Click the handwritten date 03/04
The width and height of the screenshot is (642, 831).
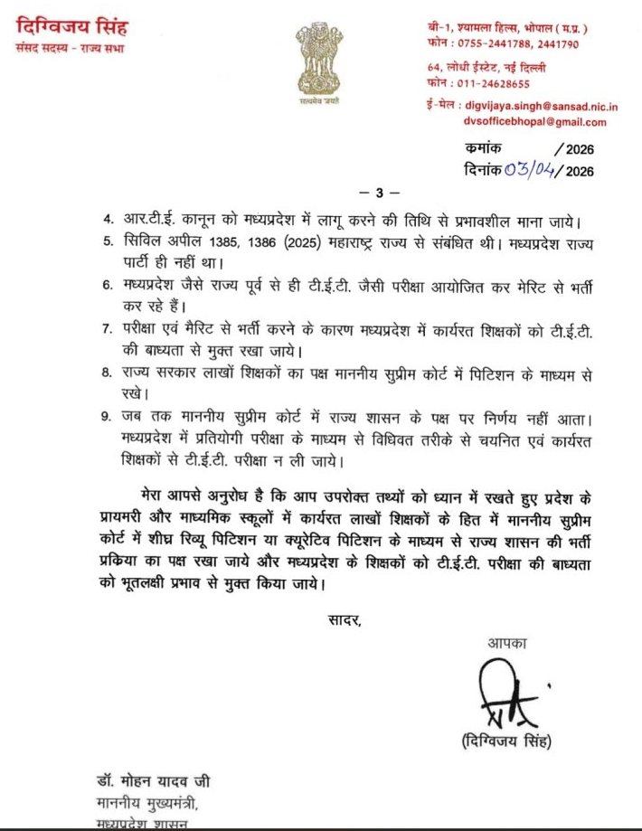529,169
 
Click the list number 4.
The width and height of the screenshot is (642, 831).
106,219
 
